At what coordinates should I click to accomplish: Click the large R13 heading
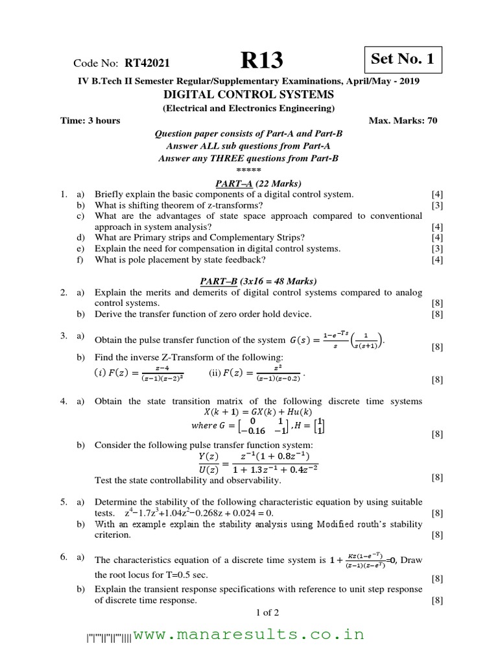click(x=262, y=61)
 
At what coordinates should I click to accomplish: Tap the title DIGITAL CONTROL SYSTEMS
click(x=248, y=95)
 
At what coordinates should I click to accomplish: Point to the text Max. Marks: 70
click(x=405, y=120)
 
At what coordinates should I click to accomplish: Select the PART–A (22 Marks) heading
click(x=249, y=183)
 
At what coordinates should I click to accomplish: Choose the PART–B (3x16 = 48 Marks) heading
click(x=248, y=281)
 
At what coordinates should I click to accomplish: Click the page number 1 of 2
click(x=249, y=612)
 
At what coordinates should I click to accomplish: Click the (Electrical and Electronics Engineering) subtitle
click(x=249, y=108)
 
